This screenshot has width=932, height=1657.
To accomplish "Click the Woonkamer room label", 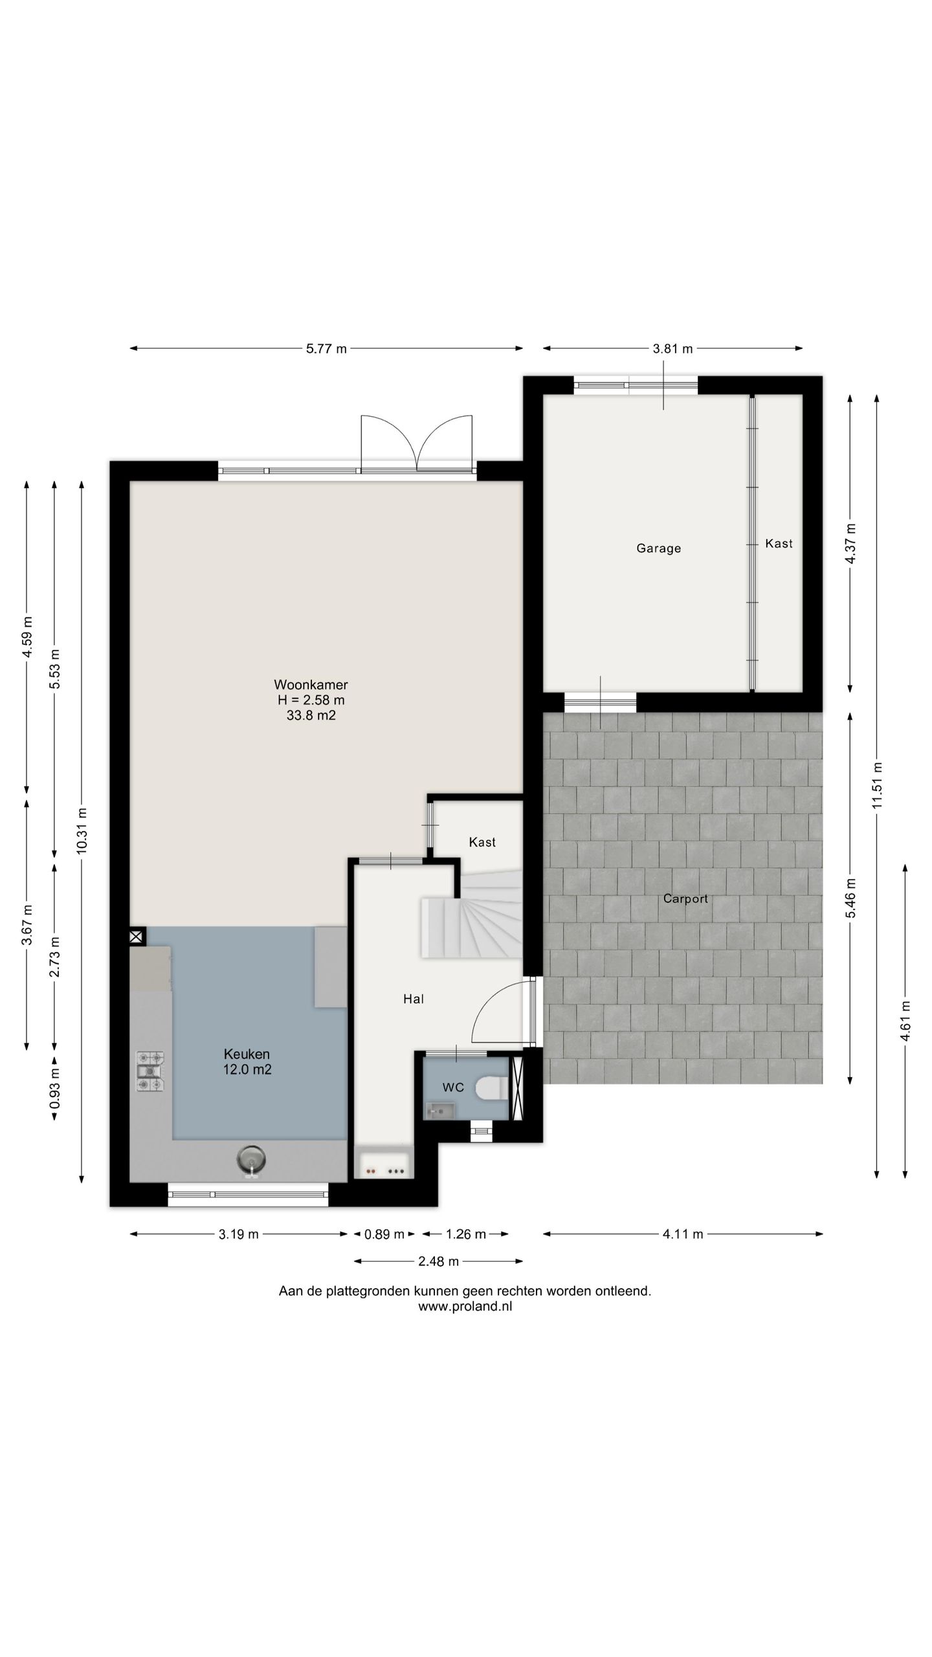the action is point(311,684).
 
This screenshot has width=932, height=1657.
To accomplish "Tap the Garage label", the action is point(658,548).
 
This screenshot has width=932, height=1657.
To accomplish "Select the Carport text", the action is point(685,898).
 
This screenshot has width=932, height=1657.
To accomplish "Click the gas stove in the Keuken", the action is point(150,1071).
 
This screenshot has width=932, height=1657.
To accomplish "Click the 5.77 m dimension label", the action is point(326,349).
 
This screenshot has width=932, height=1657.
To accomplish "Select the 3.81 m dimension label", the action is point(672,349).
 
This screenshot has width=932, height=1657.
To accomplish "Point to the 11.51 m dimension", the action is point(877,784).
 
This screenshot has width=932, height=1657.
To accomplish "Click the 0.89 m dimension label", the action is point(384,1234).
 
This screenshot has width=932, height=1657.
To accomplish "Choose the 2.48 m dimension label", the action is point(438,1261).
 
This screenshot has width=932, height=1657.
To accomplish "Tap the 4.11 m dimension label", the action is point(682,1234).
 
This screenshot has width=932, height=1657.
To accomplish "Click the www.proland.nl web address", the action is point(465,1306).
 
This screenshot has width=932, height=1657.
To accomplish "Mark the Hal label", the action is point(414,999).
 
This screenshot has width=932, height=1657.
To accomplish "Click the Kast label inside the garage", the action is point(779,544).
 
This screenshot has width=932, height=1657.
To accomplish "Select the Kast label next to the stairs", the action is point(482,842).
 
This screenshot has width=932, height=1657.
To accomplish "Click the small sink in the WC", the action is point(439,1111).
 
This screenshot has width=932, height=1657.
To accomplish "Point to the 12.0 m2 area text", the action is point(247,1069).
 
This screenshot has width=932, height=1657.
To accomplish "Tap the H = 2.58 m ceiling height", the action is point(311,700).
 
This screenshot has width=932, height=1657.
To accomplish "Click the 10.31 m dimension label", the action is point(82,830).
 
